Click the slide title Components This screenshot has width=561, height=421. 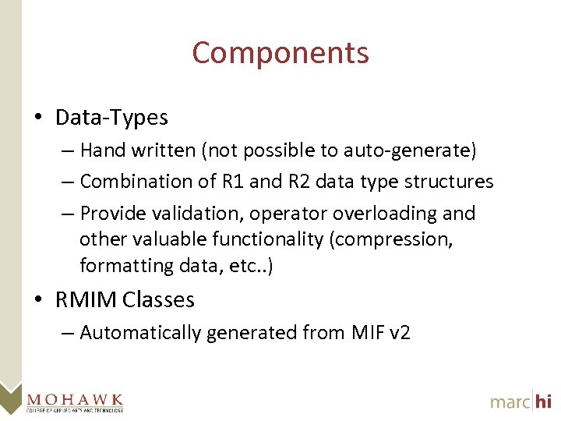click(280, 53)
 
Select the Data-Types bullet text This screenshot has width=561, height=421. click(111, 118)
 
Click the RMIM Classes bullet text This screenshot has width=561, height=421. click(125, 299)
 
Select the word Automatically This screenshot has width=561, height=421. click(141, 333)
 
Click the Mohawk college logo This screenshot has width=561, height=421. click(75, 401)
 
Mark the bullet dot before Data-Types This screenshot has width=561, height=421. click(38, 119)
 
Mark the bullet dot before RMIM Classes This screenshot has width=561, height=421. click(38, 300)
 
